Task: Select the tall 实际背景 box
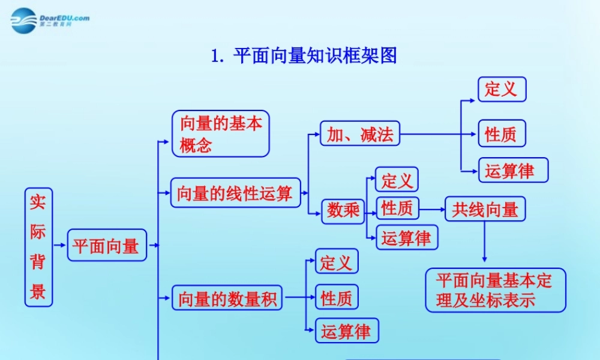[x=38, y=247]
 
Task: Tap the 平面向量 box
[x=106, y=245]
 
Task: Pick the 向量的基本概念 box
[x=220, y=134]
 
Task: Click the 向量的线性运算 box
[x=235, y=193]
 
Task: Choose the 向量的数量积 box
[x=227, y=298]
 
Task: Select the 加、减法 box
[x=359, y=134]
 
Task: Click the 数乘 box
[x=344, y=210]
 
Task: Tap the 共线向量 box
[x=485, y=209]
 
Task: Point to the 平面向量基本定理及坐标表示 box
[x=495, y=290]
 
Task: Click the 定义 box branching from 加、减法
[x=501, y=89]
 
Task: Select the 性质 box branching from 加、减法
[x=501, y=133]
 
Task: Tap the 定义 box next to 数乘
[x=397, y=179]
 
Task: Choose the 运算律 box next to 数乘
[x=406, y=238]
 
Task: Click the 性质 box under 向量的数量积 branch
[x=337, y=298]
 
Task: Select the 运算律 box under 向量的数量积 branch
[x=346, y=331]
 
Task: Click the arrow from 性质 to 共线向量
[x=431, y=209]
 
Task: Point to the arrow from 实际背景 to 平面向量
[x=59, y=245]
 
